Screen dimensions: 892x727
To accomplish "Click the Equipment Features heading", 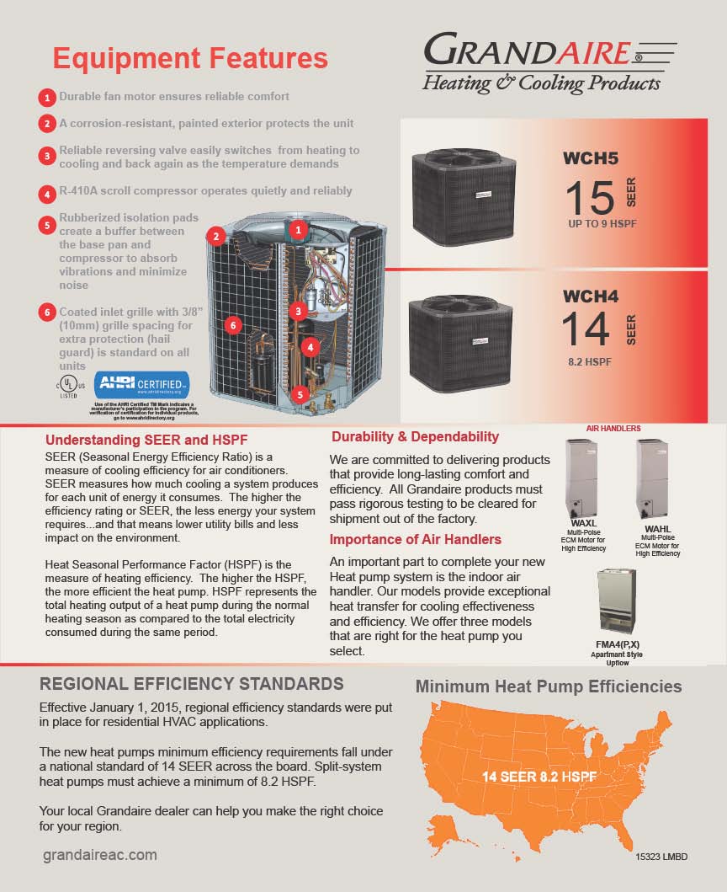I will click(x=190, y=58).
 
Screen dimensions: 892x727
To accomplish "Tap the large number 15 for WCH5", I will click(x=590, y=197).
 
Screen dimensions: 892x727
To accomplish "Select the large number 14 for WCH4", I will click(x=586, y=329).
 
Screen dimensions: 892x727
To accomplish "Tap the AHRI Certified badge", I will click(x=141, y=385).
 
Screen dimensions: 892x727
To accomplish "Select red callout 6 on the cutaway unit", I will click(x=234, y=323).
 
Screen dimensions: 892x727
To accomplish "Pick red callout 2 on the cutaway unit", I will click(x=216, y=237).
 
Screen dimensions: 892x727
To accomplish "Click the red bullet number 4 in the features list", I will click(x=48, y=193).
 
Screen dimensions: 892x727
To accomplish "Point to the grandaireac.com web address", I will click(x=99, y=855).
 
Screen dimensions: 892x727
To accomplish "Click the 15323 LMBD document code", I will click(x=661, y=857).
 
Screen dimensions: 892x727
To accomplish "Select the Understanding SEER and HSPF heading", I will click(x=146, y=440).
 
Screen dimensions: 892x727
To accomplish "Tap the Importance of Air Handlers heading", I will click(x=415, y=539).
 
